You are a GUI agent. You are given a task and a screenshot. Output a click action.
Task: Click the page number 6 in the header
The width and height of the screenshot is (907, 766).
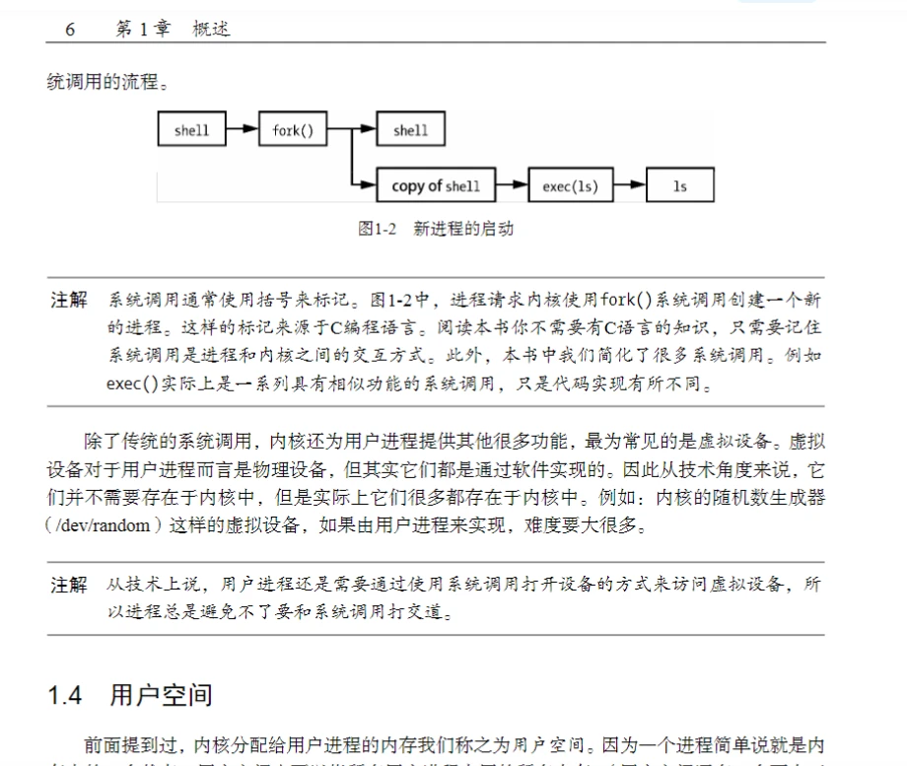[x=70, y=30]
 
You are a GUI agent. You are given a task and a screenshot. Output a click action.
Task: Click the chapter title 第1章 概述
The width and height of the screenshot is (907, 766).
[x=173, y=30]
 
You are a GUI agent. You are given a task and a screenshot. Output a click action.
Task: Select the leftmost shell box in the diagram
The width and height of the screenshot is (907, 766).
[x=191, y=130]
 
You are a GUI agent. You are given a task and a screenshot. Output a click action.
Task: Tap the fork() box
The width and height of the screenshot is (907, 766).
[x=293, y=130]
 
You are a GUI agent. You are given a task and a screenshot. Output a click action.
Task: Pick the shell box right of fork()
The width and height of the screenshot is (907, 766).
[x=410, y=130]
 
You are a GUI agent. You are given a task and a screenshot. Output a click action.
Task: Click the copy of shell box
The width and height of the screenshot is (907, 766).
[x=436, y=185]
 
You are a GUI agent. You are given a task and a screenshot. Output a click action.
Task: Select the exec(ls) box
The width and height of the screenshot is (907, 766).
[x=570, y=185]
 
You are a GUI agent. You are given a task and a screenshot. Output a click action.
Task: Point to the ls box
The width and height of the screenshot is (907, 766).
[x=679, y=185]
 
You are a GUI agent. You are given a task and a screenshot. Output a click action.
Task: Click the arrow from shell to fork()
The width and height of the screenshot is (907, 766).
[x=243, y=129]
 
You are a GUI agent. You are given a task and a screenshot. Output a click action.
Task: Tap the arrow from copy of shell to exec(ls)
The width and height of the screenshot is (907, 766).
[x=511, y=185]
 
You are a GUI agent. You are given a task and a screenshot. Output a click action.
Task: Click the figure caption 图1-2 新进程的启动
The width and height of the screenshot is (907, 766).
[x=435, y=230]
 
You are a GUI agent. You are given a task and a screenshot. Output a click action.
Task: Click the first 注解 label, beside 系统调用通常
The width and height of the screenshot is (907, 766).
[x=69, y=300]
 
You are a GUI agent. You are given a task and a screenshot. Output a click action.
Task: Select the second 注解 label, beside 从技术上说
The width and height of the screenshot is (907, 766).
[x=69, y=586]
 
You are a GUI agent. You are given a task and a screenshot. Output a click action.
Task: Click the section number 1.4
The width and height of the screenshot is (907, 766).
[x=65, y=695]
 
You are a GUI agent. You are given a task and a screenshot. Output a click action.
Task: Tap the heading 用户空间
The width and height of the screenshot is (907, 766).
[x=161, y=695]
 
